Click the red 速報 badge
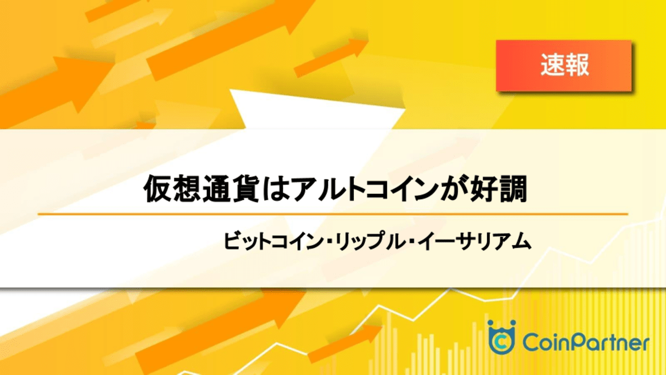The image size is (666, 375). tap(564, 66)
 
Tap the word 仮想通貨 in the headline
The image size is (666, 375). tap(201, 189)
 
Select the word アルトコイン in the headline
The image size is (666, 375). tap(364, 189)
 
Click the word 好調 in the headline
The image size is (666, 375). tap(498, 189)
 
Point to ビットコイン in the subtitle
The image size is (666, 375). tap(273, 241)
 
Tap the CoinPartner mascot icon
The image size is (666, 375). tap(501, 338)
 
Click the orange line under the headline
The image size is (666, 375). tap(333, 214)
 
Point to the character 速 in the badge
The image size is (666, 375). tap(552, 65)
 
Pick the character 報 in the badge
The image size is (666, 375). tap(577, 65)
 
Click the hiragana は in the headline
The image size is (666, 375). tap(276, 189)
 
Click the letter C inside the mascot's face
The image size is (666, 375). tap(501, 342)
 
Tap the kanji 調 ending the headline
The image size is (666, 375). tap(513, 189)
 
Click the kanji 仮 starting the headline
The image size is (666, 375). tap(157, 189)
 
